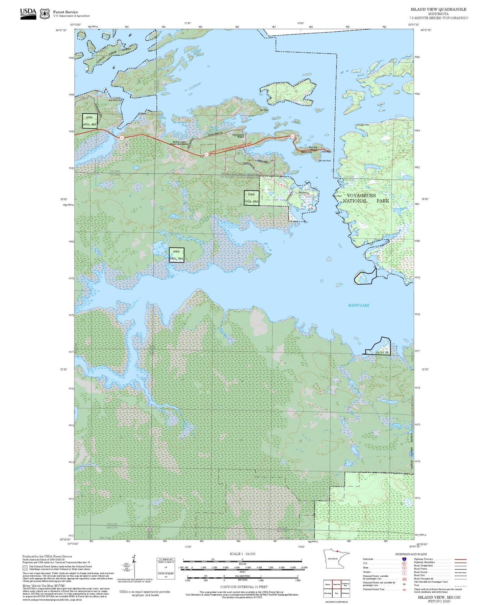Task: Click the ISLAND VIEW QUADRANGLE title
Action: click(438, 9)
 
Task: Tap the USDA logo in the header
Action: click(28, 13)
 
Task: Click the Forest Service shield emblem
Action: click(45, 13)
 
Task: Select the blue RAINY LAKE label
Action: click(359, 305)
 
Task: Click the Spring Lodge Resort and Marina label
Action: click(179, 143)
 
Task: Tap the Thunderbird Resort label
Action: click(238, 136)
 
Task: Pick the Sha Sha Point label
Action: click(325, 161)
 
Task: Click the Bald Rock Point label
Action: click(115, 100)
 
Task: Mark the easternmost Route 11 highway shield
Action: click(292, 136)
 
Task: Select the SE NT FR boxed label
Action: click(382, 353)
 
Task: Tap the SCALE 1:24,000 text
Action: click(242, 554)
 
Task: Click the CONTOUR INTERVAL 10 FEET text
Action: click(243, 587)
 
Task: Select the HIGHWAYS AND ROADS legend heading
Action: click(411, 554)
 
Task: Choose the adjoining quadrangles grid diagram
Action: click(336, 588)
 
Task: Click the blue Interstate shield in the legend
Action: click(404, 559)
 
